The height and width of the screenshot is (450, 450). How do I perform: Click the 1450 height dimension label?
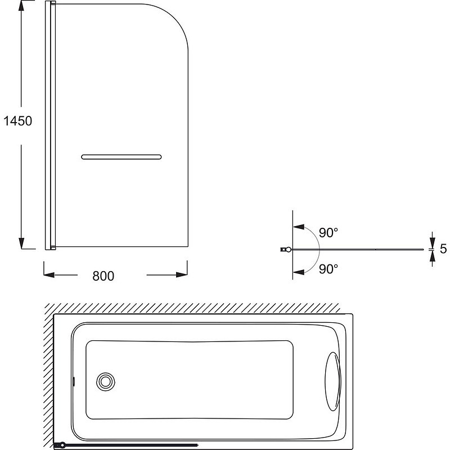point(18,121)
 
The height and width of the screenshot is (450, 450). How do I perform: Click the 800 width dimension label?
point(103,276)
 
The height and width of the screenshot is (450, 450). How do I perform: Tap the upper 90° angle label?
point(328,233)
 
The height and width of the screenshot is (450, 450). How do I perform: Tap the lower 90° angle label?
point(328,269)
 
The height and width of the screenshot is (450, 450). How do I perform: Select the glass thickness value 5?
point(443,249)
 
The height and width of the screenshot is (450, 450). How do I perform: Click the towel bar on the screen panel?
point(121,157)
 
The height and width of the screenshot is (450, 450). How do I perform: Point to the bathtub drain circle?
point(106,382)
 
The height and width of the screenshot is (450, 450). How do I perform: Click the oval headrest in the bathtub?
point(333,381)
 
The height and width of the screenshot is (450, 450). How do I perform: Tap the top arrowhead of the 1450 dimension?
point(21,6)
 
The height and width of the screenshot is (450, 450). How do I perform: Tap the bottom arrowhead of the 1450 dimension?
point(21,244)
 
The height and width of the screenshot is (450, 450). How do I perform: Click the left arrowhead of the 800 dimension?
point(49,275)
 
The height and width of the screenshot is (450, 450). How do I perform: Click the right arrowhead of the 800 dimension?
point(182,274)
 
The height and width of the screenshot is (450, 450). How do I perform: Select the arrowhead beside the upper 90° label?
point(299,227)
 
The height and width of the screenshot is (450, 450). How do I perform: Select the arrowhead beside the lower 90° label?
point(299,272)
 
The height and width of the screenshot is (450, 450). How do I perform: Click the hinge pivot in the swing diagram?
point(289,249)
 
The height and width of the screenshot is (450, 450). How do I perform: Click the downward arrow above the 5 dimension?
point(432,241)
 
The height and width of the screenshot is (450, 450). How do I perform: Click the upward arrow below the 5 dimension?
point(432,257)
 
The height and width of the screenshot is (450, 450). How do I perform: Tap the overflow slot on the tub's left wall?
point(74,381)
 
